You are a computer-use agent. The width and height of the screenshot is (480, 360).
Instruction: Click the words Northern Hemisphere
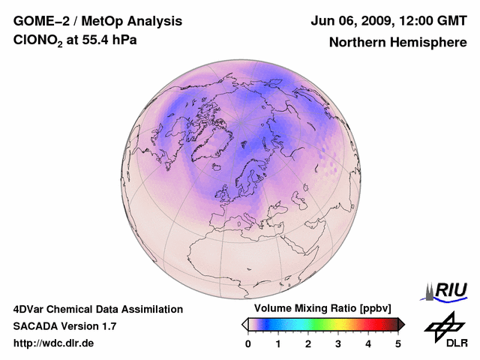tap(397, 42)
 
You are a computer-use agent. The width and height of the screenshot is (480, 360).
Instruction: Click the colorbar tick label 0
tap(248, 343)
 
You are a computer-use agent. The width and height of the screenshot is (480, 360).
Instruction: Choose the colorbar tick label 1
tap(278, 343)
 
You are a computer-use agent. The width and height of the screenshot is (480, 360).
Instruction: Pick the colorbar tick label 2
tap(308, 343)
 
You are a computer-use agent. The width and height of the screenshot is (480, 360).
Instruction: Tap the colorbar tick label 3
tap(338, 343)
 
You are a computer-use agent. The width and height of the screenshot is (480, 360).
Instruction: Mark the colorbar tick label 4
tap(368, 343)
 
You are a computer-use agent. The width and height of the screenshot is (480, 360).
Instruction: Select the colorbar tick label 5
tap(398, 343)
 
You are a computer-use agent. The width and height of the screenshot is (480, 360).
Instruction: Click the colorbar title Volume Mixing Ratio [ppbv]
tap(319, 309)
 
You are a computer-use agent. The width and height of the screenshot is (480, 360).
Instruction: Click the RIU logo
tap(446, 289)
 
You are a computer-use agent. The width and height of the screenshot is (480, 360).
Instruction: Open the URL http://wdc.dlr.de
tap(54, 343)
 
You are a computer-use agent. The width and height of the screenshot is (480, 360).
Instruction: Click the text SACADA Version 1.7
tap(65, 326)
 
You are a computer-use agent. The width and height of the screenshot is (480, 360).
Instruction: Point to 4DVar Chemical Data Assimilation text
tap(97, 309)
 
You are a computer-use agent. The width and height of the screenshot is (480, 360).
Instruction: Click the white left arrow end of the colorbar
tap(245, 324)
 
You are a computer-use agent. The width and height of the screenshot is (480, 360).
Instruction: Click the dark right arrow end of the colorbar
tap(401, 324)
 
